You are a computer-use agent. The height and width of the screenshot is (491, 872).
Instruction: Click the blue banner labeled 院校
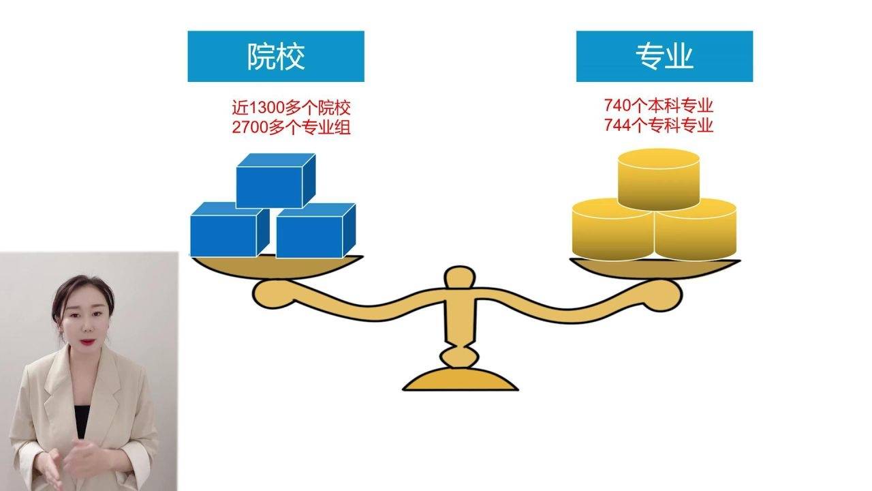[x=276, y=57]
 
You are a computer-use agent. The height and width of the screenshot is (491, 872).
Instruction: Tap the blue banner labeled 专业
[x=664, y=57]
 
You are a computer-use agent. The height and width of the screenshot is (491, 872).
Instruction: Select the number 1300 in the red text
[x=266, y=108]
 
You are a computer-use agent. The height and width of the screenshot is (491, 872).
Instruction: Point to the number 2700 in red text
[x=250, y=128]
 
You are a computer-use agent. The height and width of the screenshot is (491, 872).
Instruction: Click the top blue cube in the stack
[x=276, y=181]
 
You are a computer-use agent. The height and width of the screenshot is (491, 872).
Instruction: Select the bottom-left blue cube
[x=230, y=230]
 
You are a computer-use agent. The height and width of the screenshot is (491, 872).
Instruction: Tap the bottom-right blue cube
[x=315, y=230]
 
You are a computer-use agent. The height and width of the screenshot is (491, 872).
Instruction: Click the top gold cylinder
[x=659, y=179]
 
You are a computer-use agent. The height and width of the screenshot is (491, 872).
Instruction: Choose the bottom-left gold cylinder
[x=612, y=230]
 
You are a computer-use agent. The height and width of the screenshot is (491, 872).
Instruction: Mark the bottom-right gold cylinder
[x=696, y=230]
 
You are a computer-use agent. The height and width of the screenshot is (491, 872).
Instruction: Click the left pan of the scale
[x=277, y=267]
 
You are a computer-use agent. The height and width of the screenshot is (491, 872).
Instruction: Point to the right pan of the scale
[x=655, y=269]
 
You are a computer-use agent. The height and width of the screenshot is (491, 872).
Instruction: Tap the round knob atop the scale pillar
[x=460, y=277]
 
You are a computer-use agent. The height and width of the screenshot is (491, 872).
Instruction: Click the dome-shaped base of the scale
[x=460, y=379]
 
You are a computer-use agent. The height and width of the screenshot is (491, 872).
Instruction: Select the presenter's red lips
[x=88, y=342]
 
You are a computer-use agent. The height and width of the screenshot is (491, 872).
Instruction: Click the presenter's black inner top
[x=82, y=421]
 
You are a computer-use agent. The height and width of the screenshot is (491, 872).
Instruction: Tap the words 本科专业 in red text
[x=681, y=105]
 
